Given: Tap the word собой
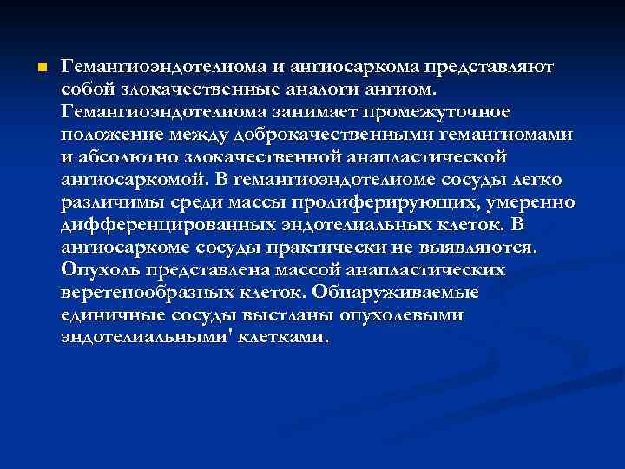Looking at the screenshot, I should coord(87,89).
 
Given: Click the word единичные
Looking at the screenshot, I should coord(110,315).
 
